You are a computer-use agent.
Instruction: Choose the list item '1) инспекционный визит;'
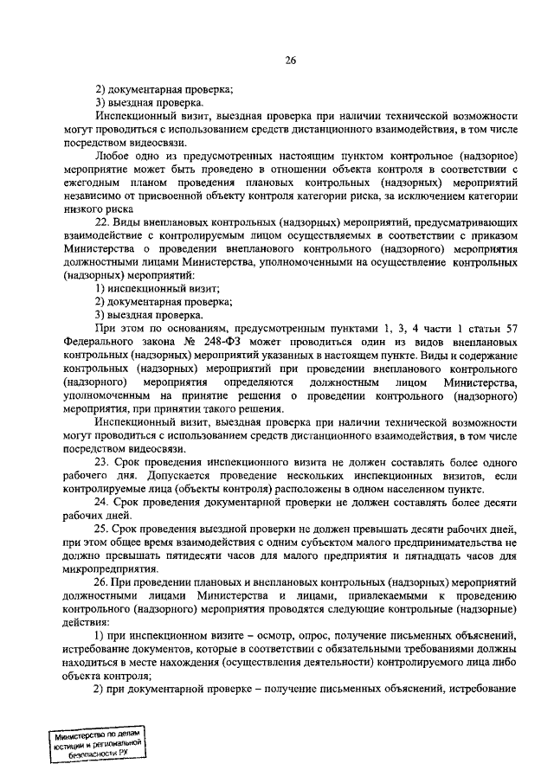156,288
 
